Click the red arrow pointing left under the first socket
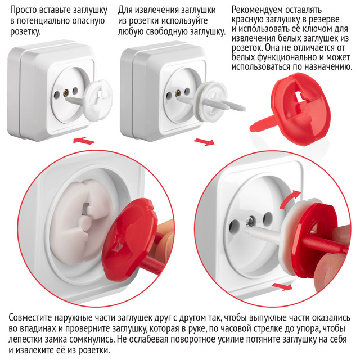coord(84,140)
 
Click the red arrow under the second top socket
coord(204,142)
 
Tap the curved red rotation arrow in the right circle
coord(290,199)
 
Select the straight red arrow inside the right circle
coord(282,286)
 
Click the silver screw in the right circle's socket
coord(249,222)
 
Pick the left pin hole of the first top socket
coord(57,94)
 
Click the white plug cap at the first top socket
coord(97,100)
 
